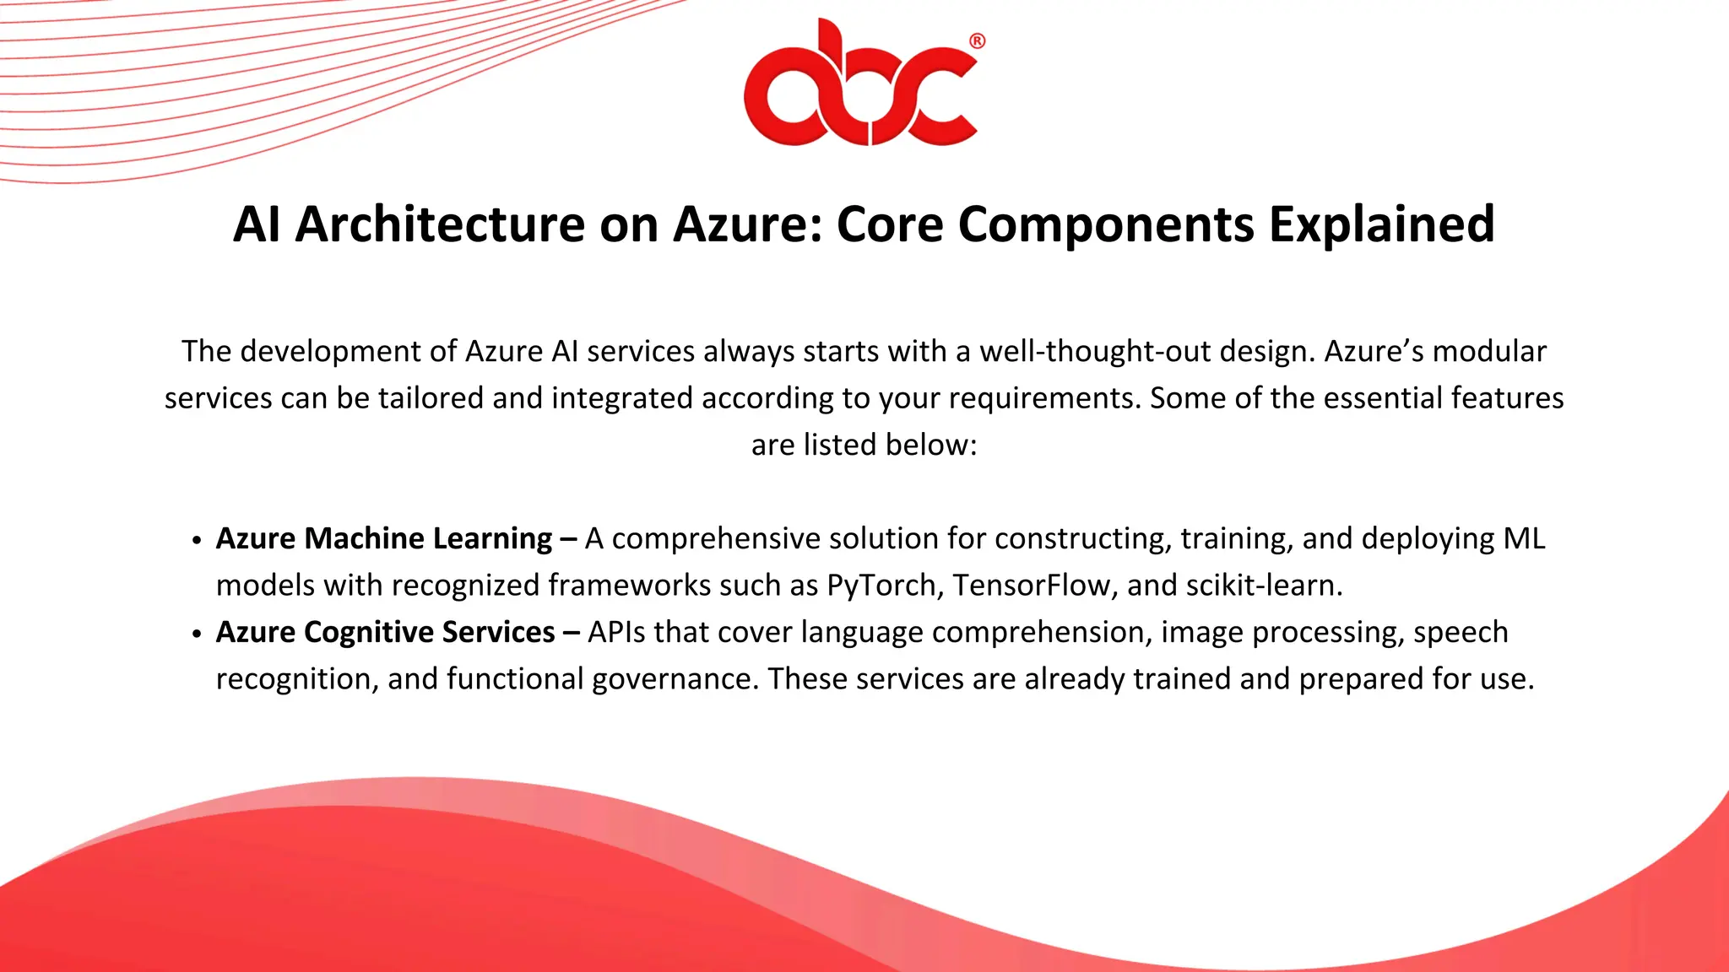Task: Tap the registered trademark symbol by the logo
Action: point(977,41)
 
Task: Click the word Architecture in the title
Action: point(440,224)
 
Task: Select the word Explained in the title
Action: point(1381,224)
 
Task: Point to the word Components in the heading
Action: point(1106,224)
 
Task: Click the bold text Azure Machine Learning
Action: point(384,538)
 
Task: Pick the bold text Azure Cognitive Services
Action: point(386,632)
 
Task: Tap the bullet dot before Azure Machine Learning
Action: point(197,541)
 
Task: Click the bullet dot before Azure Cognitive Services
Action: point(197,634)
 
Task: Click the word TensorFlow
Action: point(1031,586)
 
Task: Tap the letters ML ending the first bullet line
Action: point(1524,538)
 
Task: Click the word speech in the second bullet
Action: point(1461,632)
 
